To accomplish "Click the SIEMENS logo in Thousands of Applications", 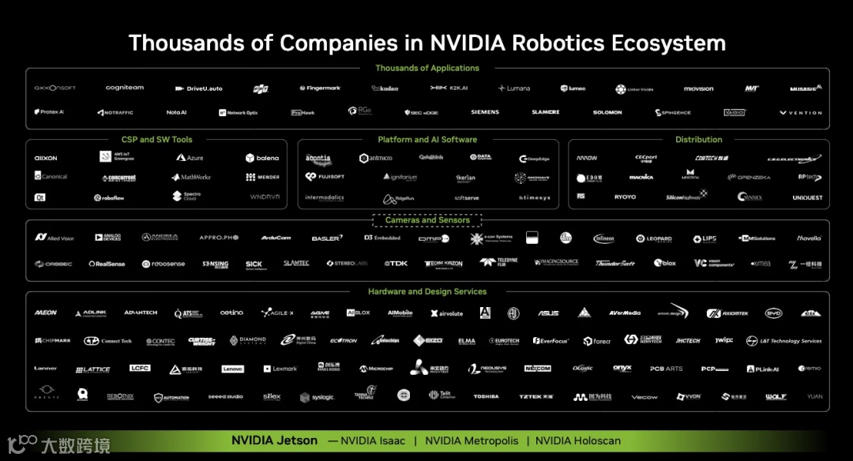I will point(485,112).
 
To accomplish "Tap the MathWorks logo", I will point(190,177).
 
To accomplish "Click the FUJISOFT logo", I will point(325,177).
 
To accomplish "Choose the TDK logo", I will point(396,264).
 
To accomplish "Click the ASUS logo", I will point(548,313).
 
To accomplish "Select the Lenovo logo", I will point(232,369).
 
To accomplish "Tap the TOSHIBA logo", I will point(486,396).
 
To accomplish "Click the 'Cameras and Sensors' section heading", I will point(427,220).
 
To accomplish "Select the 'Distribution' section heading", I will point(698,140).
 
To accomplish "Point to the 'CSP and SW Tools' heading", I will point(156,140).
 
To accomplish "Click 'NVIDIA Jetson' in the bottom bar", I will point(274,440).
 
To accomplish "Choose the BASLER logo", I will point(326,238).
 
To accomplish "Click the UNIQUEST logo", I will point(806,197).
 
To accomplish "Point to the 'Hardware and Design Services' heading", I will point(427,291).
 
